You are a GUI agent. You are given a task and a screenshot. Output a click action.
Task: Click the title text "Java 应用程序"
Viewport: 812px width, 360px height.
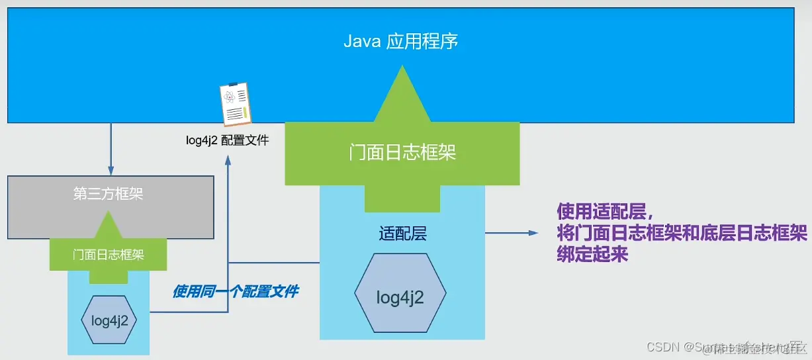(x=401, y=42)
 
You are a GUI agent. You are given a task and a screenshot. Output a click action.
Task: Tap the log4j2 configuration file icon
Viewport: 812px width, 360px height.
(x=234, y=105)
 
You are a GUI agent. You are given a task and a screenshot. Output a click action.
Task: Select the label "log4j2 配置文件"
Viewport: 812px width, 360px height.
(x=227, y=140)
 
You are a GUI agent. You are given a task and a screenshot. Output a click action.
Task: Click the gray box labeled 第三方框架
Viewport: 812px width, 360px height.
(x=111, y=195)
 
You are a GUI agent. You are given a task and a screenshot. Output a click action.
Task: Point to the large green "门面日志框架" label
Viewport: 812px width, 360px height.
(x=402, y=154)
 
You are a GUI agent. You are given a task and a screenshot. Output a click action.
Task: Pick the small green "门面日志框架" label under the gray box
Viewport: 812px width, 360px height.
(x=109, y=255)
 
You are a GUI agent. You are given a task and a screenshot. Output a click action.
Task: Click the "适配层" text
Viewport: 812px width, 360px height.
(x=402, y=234)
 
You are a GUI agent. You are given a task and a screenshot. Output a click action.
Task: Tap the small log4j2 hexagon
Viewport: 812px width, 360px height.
(x=109, y=320)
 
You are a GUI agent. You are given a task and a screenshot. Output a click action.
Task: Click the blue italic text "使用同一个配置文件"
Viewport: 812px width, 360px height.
(x=235, y=291)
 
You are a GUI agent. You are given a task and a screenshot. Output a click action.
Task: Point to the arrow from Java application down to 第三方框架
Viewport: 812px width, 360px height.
(x=111, y=149)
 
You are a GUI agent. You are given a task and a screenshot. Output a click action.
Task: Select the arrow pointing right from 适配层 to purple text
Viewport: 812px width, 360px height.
(x=510, y=233)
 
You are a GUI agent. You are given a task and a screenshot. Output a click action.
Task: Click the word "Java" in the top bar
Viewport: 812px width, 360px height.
(x=359, y=42)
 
